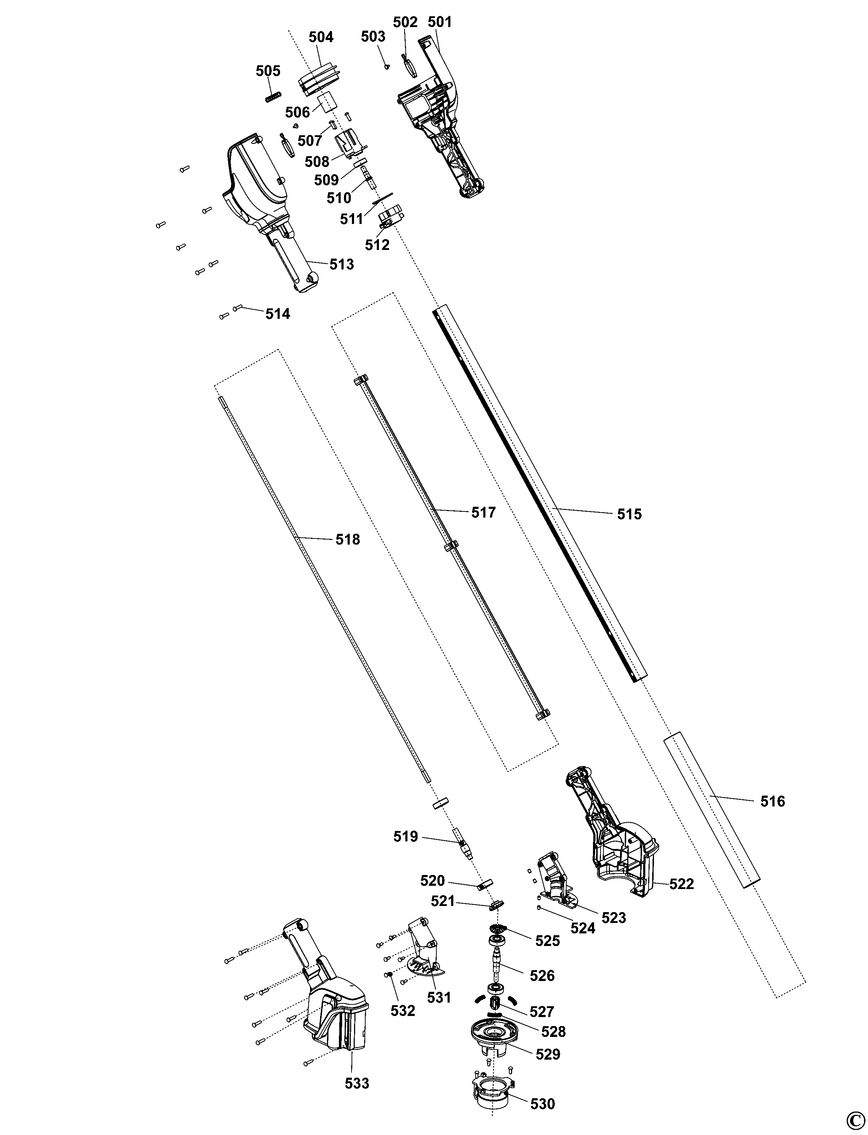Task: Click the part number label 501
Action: coord(440,22)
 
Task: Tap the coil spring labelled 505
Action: coord(273,96)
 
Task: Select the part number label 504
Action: coord(321,37)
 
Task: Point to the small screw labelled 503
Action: coord(387,66)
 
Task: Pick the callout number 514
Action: coord(278,313)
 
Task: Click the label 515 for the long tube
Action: coord(629,514)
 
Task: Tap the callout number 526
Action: coord(542,976)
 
